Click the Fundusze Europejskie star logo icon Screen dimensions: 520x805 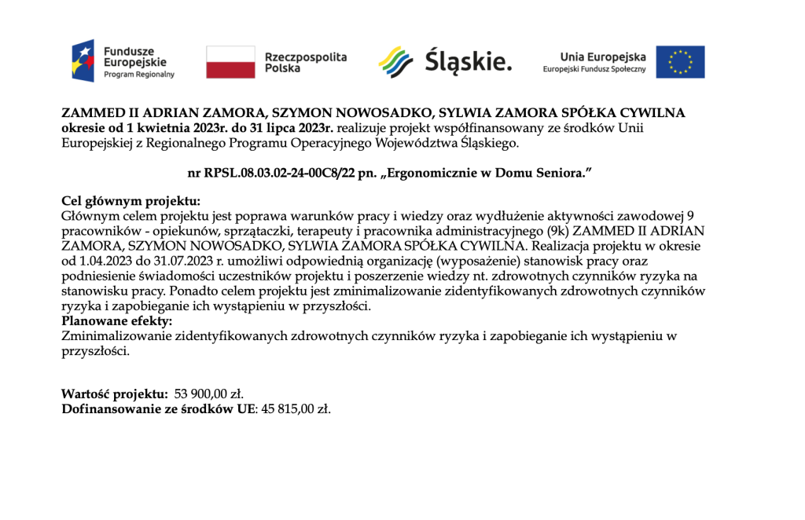83,61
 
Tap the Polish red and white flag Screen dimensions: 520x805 230,62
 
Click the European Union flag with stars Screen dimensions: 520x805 680,62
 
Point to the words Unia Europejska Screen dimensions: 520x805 603,57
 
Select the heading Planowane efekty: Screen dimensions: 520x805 116,322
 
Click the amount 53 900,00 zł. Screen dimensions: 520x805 214,394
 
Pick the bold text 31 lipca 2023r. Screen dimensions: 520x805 285,127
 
